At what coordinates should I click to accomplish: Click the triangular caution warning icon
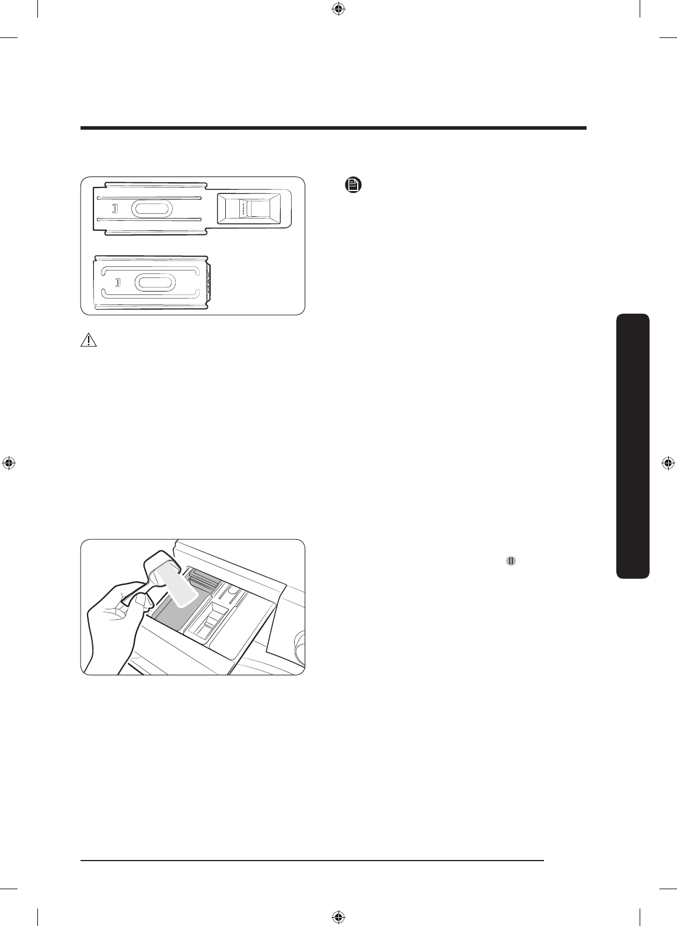pyautogui.click(x=89, y=341)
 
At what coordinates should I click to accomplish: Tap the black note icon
pyautogui.click(x=353, y=186)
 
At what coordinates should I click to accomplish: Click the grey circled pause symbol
pyautogui.click(x=511, y=561)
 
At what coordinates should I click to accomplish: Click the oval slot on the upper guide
pyautogui.click(x=152, y=209)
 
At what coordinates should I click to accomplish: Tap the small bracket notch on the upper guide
pyautogui.click(x=115, y=209)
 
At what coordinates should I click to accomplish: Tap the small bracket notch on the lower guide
pyautogui.click(x=117, y=283)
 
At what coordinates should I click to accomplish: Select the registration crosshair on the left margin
pyautogui.click(x=9, y=463)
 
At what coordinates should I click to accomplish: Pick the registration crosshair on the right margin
pyautogui.click(x=668, y=463)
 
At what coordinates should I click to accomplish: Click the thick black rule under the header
pyautogui.click(x=333, y=128)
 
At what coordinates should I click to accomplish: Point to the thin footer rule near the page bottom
pyautogui.click(x=312, y=860)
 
